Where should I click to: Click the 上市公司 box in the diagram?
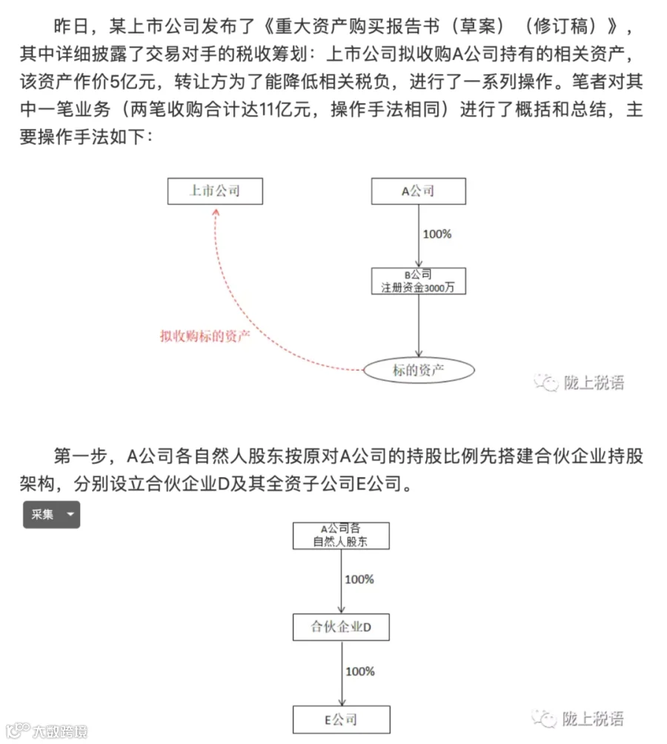click(x=214, y=191)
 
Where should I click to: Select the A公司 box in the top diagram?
click(x=419, y=191)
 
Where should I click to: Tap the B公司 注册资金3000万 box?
click(x=419, y=281)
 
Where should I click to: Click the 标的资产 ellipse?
click(x=419, y=369)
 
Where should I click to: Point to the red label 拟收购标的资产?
click(x=205, y=335)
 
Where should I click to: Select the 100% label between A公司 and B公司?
click(x=437, y=234)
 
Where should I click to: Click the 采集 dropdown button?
click(x=51, y=514)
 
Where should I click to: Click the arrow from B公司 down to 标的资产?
click(x=419, y=326)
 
